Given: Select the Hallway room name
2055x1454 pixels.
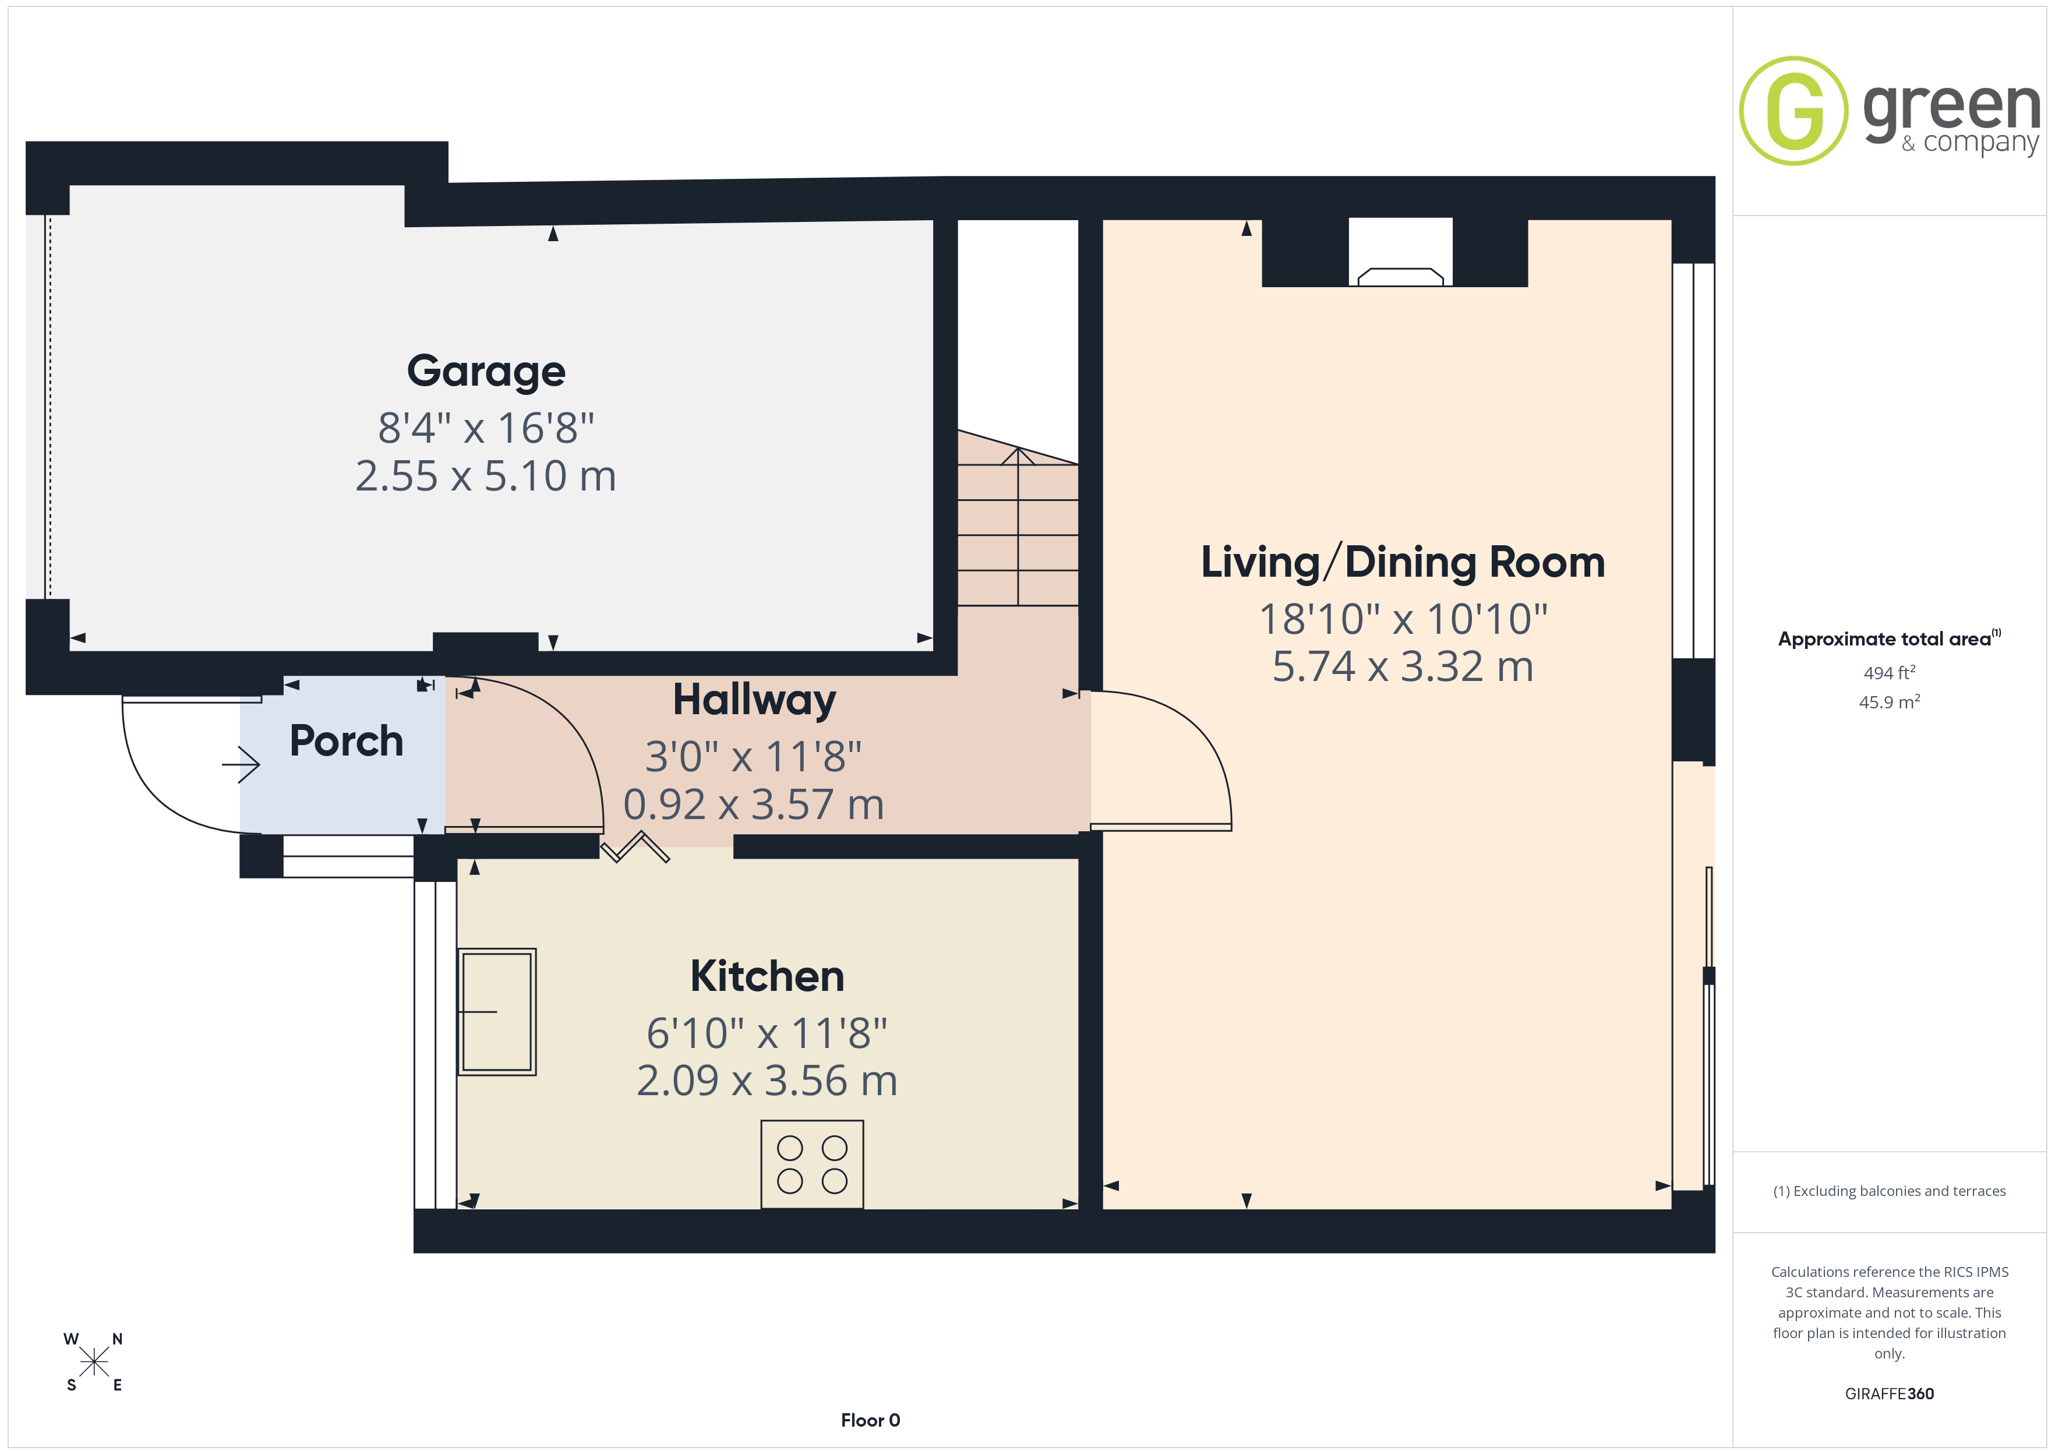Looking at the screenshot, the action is click(x=754, y=700).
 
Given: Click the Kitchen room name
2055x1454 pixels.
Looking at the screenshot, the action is click(x=767, y=976).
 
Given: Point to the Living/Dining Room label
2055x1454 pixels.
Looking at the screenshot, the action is click(x=1403, y=562).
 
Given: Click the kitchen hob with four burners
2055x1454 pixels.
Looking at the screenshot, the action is click(x=812, y=1164).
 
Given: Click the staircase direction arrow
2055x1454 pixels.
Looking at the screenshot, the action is click(x=1018, y=527).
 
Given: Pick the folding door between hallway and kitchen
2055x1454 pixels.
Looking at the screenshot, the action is click(x=634, y=847).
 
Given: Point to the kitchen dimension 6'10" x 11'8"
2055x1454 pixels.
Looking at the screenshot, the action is click(x=767, y=1033).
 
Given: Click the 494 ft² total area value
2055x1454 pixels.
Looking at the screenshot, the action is click(x=1890, y=672).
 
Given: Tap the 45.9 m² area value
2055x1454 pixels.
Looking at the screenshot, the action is click(x=1890, y=702).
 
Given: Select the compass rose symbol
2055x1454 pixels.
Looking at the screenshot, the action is click(x=94, y=1362).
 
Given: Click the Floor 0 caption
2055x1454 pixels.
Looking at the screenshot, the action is click(x=870, y=1420).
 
